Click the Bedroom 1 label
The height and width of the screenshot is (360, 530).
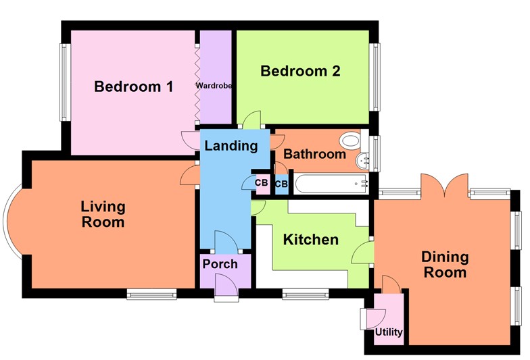click(x=134, y=86)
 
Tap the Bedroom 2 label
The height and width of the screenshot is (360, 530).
click(x=300, y=71)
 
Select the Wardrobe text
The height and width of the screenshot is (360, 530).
click(x=214, y=86)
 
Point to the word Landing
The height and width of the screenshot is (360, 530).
click(x=231, y=145)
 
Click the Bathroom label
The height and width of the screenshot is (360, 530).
click(x=314, y=154)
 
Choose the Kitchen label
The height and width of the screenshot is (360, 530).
click(x=310, y=240)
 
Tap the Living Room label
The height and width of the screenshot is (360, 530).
click(x=103, y=213)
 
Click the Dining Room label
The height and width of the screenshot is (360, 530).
click(x=444, y=264)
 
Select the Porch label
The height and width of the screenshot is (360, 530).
click(x=220, y=263)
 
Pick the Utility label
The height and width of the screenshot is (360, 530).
click(x=389, y=332)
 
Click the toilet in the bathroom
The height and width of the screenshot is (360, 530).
click(x=350, y=140)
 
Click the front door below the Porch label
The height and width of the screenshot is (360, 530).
click(x=226, y=287)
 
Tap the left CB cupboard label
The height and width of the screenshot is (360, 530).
click(x=261, y=182)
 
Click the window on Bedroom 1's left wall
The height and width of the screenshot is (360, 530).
click(x=65, y=82)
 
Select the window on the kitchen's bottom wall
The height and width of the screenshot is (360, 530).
click(x=306, y=294)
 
